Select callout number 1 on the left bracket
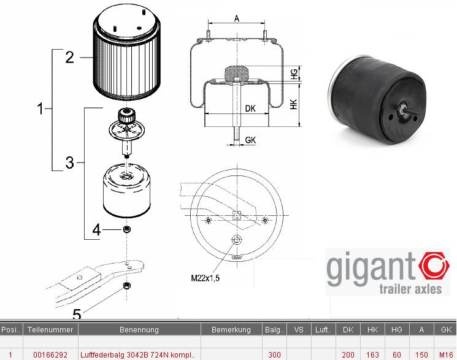tap(41, 110)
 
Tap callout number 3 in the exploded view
tap(69, 163)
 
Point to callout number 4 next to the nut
tap(96, 231)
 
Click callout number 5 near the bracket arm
tap(77, 315)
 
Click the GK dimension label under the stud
tap(250, 140)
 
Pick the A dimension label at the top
tap(237, 18)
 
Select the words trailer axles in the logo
tap(410, 289)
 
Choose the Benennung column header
tap(139, 329)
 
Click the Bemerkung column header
tap(231, 329)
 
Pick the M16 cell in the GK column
tap(447, 355)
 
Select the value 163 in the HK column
tap(372, 355)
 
